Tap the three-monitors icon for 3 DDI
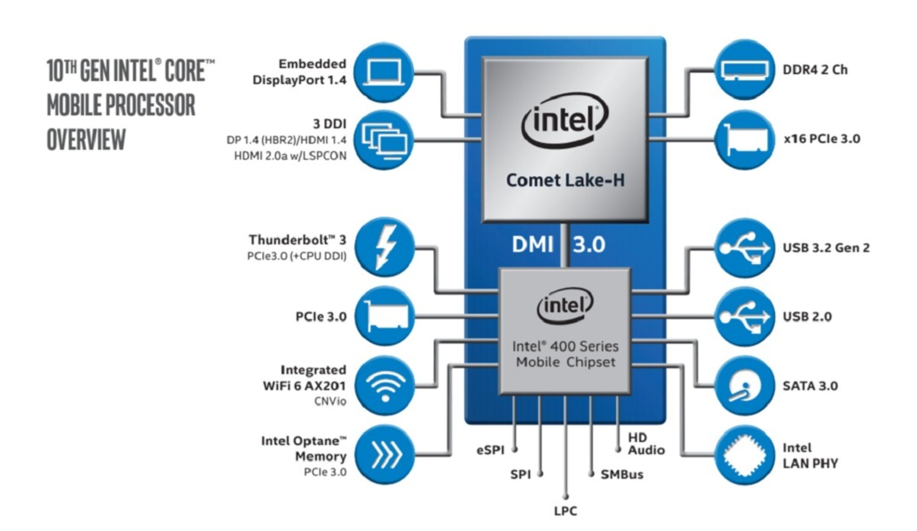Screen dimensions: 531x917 384,140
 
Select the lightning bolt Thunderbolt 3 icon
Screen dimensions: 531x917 384,247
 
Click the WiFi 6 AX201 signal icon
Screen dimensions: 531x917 384,385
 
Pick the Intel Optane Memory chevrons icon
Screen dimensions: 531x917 384,455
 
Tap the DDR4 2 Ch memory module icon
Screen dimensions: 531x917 744,70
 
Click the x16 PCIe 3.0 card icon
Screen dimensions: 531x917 744,140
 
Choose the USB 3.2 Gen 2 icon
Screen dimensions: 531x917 744,248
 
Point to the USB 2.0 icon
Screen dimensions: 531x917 744,317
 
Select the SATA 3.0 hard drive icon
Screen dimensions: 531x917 744,386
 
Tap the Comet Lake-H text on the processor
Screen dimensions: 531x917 565,180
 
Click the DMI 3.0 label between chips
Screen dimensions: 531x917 558,245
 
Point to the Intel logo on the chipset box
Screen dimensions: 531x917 565,305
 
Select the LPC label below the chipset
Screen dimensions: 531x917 565,511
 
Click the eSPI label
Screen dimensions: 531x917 490,450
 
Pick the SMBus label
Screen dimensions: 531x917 622,475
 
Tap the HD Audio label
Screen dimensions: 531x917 646,444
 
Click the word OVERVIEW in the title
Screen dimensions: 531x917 86,139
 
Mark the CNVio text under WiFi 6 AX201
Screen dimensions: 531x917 330,401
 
